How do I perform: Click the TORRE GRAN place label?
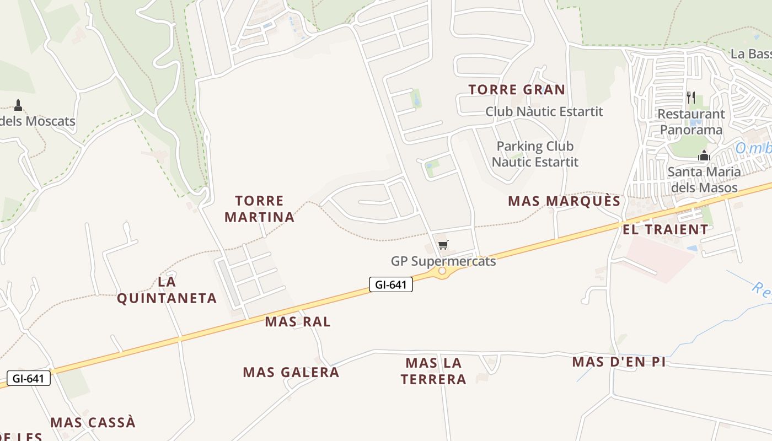point(517,89)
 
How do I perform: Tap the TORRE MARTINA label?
point(259,209)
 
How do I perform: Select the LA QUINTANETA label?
point(167,290)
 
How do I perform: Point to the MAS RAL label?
point(298,321)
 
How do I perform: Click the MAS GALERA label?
point(291,372)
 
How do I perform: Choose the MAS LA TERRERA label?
point(433,371)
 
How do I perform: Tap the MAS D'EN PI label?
point(619,362)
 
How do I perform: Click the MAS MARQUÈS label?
point(564,201)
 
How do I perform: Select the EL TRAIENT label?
point(666,229)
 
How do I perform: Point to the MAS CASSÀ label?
point(93,422)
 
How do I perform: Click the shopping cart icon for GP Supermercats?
point(443,245)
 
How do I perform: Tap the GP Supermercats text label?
point(443,261)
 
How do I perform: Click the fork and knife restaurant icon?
point(691,98)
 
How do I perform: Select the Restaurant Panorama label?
point(691,122)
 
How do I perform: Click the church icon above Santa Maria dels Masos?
point(704,156)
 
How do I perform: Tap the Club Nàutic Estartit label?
point(544,111)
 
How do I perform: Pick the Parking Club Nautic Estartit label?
point(535,154)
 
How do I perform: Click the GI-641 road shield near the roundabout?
point(391,284)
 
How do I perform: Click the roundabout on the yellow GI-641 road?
point(442,271)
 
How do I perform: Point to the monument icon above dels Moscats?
point(18,105)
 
